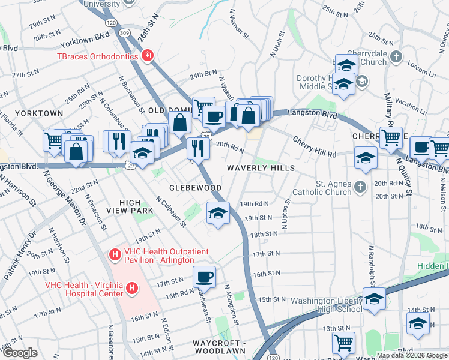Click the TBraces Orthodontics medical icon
point(147,56)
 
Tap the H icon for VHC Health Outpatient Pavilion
point(115,255)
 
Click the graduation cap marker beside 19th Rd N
point(218,212)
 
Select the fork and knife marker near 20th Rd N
point(197,148)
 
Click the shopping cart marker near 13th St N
point(343,343)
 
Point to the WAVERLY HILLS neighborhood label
point(261,168)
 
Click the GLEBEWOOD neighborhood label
point(194,188)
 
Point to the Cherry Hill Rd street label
point(314,148)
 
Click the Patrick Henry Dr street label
point(19,258)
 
